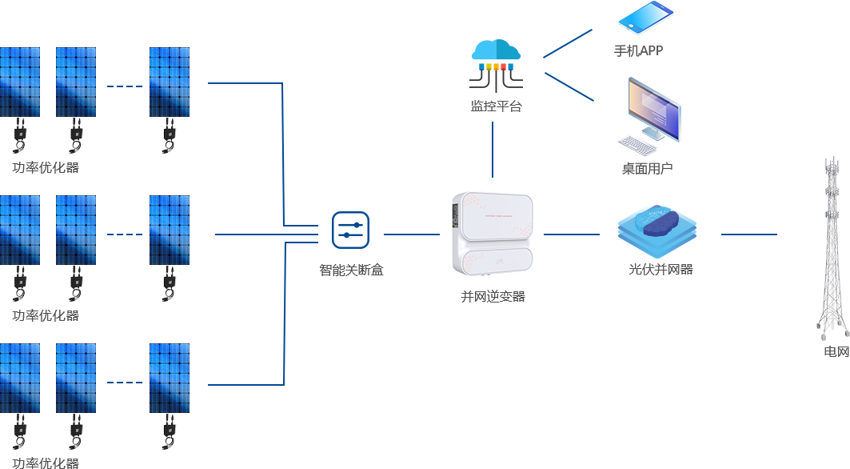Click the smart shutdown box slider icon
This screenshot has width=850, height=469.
point(351,230)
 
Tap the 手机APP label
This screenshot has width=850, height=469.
point(638,51)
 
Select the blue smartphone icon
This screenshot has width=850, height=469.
point(645,17)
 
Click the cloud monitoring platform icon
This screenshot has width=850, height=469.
point(496,65)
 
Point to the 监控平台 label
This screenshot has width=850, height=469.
point(496,106)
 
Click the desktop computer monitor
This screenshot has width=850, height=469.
point(654,109)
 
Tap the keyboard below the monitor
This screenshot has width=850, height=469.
point(637,145)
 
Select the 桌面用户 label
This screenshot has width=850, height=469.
point(647,169)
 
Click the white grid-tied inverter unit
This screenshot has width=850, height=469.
point(493,234)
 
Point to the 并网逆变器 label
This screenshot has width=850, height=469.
point(493,297)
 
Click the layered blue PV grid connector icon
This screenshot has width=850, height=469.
point(657,231)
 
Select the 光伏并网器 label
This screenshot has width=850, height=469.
point(660,269)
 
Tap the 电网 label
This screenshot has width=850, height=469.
point(836,352)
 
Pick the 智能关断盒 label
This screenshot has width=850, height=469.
point(351,271)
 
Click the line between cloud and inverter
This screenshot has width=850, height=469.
point(493,150)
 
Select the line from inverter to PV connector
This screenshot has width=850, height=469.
point(572,234)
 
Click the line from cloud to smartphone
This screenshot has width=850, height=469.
point(568,43)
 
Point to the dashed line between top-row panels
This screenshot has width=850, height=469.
point(125,86)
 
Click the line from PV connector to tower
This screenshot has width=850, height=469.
point(748,234)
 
